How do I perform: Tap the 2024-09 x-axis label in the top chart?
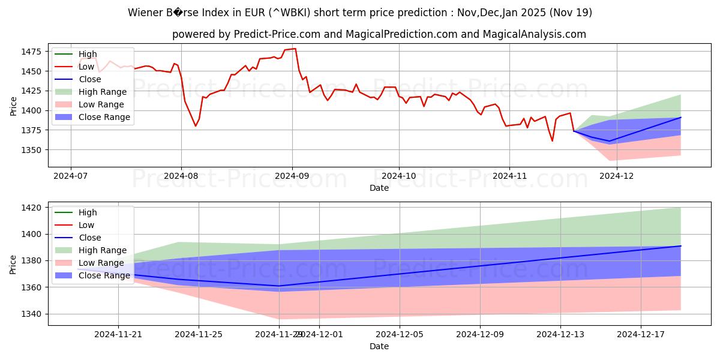292,176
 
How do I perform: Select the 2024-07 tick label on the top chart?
71,176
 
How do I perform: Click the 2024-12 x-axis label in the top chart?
617,176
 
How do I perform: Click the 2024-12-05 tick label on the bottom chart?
400,335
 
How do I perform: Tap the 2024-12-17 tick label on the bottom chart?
641,335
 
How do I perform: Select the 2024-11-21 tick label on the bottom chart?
118,335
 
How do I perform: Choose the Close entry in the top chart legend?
89,79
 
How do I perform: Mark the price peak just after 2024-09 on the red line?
295,49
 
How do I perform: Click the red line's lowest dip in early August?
195,126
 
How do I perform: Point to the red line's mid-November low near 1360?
552,141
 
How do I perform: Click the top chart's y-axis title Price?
14,106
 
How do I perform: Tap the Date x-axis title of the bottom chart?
379,346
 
